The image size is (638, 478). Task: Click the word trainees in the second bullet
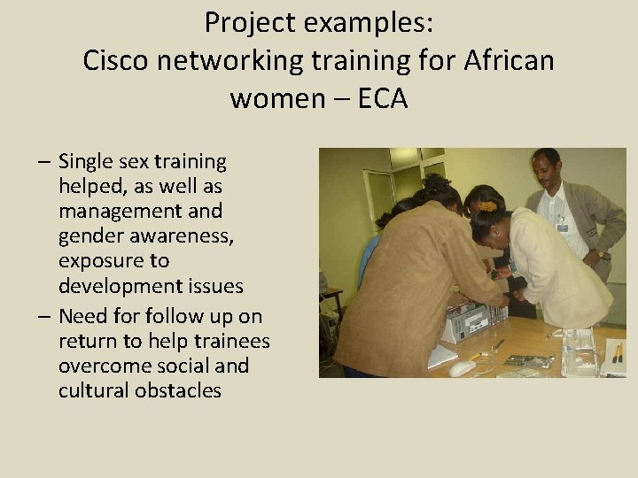click(x=229, y=341)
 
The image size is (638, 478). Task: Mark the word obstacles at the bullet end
click(x=177, y=390)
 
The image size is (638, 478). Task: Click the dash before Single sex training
click(x=43, y=163)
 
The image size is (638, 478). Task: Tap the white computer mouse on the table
click(x=462, y=367)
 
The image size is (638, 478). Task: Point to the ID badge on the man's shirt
click(x=562, y=227)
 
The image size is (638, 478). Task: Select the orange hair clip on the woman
click(x=488, y=206)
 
